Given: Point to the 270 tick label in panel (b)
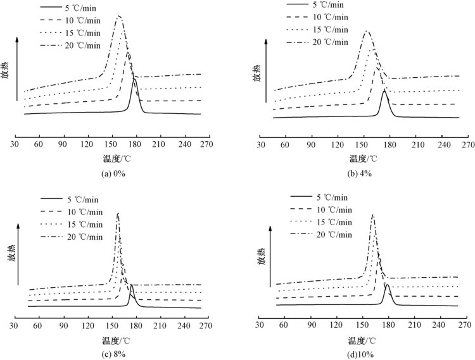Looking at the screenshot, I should pos(467,145).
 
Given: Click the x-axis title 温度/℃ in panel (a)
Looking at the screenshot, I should pos(113,156).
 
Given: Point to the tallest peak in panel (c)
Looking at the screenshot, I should pos(118,214).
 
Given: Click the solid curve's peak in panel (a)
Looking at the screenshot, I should pos(134,80).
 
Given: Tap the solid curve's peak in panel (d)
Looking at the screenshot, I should pos(386,284).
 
